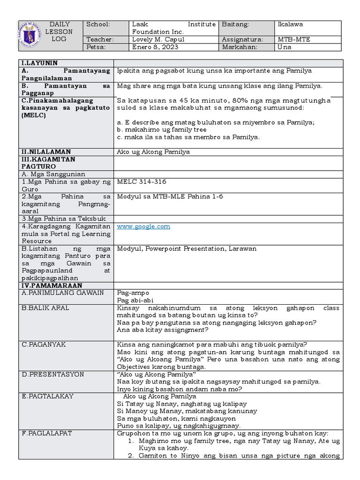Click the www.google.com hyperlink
click(x=143, y=226)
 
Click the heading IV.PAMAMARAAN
click(x=52, y=285)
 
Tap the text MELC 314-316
click(x=141, y=182)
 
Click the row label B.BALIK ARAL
click(x=45, y=308)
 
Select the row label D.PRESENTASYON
click(x=52, y=375)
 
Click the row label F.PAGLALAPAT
click(x=47, y=433)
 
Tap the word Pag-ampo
click(x=133, y=293)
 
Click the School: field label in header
click(x=98, y=24)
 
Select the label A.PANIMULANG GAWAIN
click(x=63, y=293)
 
